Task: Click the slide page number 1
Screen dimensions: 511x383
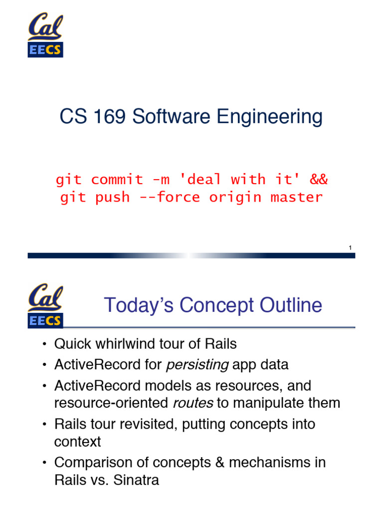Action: (351, 248)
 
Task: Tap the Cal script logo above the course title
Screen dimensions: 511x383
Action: (45, 27)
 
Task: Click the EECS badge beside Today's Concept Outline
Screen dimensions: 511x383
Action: (45, 321)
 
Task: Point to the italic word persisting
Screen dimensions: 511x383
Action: (197, 365)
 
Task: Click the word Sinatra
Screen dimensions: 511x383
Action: (136, 481)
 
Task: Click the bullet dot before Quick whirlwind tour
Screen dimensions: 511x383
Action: (44, 344)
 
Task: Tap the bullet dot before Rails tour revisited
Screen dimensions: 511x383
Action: (44, 425)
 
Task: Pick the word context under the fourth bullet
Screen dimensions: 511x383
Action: (77, 442)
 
